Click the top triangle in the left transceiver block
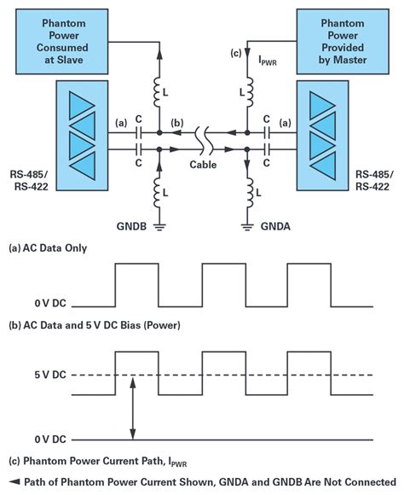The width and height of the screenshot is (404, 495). click(64, 102)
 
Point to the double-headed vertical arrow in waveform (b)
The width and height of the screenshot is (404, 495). click(130, 410)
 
